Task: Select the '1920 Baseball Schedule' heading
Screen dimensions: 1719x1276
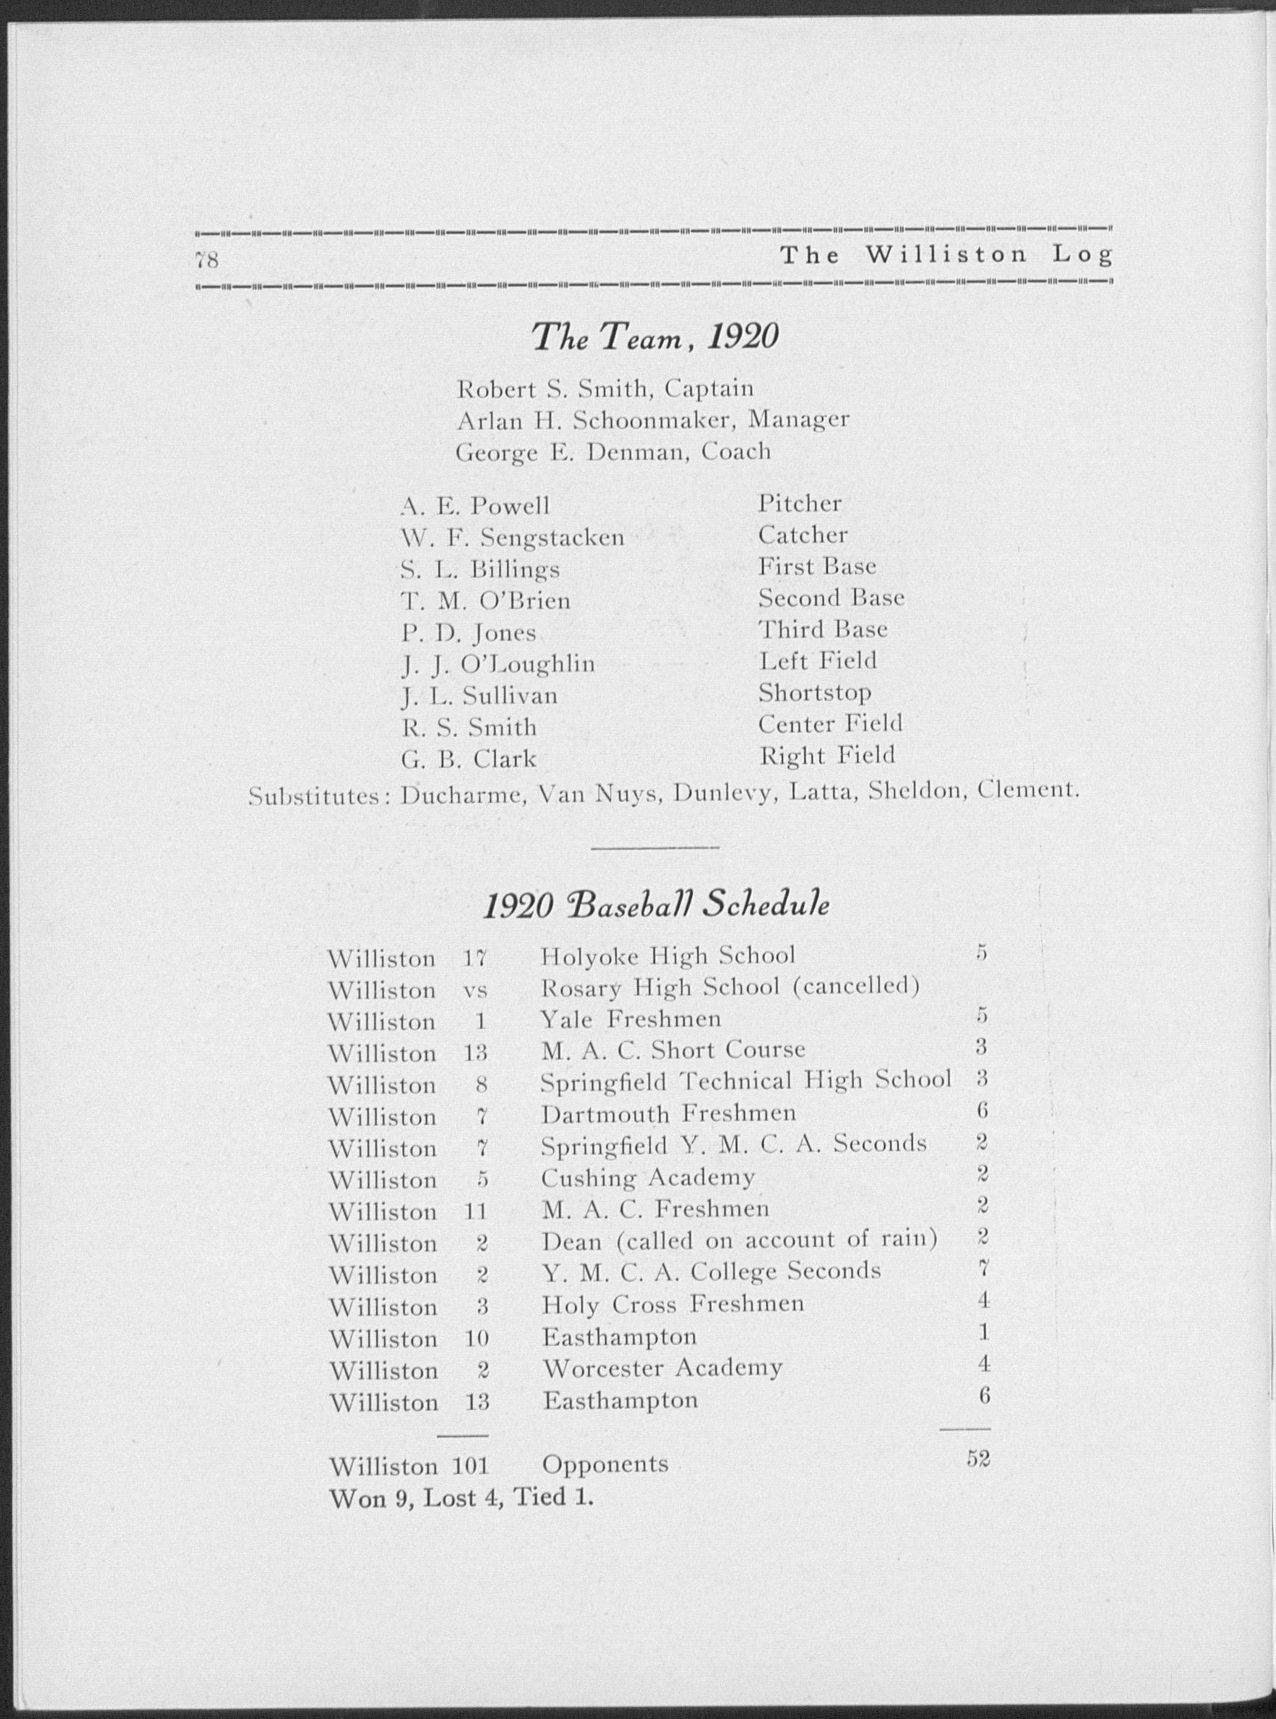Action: click(x=656, y=905)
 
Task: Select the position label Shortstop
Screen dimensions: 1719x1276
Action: click(x=814, y=693)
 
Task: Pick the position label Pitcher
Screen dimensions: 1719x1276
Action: click(x=800, y=504)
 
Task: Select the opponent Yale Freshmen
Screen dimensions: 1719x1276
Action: click(x=630, y=1020)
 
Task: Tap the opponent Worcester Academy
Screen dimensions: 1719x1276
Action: click(x=662, y=1368)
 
